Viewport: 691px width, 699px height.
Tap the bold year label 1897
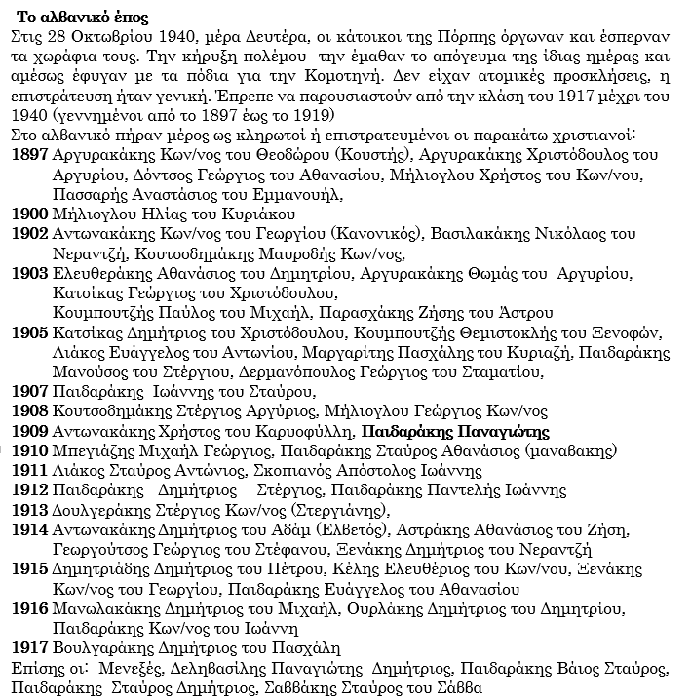pos(31,154)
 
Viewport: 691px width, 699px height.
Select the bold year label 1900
pos(31,214)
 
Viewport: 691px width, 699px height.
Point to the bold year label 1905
pos(31,331)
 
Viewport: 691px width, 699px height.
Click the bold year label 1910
pos(31,450)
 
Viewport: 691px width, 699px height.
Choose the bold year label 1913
pos(31,509)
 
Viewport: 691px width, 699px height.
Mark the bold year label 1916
pos(31,608)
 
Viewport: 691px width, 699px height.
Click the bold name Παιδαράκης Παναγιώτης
pos(455,431)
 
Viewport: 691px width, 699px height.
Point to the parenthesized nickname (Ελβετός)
pos(349,529)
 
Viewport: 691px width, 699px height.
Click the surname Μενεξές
pos(130,669)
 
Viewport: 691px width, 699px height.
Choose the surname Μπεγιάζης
pos(92,450)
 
